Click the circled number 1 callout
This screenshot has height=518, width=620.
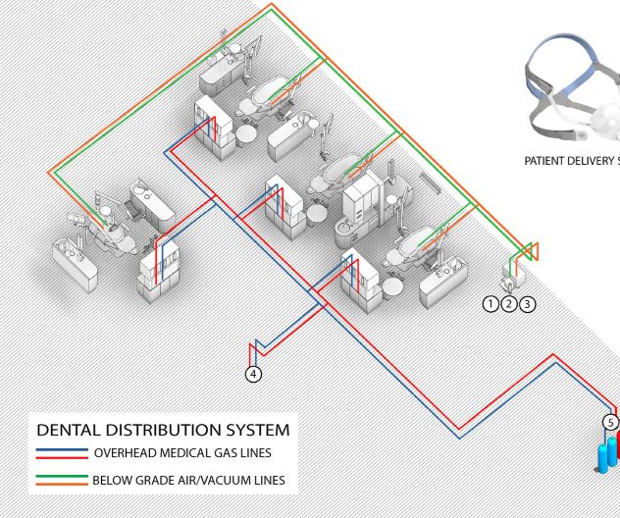click(491, 304)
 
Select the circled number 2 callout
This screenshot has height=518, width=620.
click(508, 304)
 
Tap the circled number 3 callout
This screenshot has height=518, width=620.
click(527, 304)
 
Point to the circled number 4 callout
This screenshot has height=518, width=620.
click(253, 374)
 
